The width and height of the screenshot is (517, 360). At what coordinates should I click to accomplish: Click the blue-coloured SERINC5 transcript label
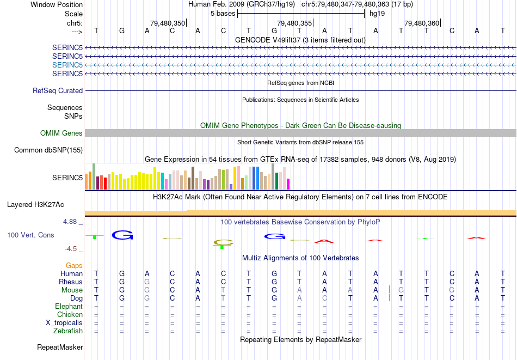[x=67, y=65]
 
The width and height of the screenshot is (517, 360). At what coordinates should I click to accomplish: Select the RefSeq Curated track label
[x=58, y=91]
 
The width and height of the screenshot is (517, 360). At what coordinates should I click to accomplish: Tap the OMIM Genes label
[x=61, y=133]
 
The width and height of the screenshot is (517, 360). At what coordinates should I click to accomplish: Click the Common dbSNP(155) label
[x=48, y=150]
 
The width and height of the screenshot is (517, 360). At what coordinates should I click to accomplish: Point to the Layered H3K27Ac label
[x=35, y=205]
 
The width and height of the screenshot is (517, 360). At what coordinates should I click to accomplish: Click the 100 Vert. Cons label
[x=30, y=235]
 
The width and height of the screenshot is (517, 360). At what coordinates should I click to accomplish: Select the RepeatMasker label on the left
[x=60, y=347]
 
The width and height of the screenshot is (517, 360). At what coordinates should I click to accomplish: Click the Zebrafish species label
[x=68, y=331]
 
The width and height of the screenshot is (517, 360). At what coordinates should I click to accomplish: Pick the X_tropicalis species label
[x=64, y=322]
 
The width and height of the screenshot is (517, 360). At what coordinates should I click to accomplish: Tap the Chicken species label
[x=70, y=314]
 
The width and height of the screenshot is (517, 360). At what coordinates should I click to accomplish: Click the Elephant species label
[x=69, y=306]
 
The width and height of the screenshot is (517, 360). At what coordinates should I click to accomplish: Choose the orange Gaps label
[x=74, y=265]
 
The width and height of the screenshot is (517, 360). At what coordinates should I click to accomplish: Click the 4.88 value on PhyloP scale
[x=71, y=222]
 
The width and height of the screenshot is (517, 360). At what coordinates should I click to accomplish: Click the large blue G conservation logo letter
[x=122, y=235]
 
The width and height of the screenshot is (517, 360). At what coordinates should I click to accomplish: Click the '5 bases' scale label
[x=223, y=13]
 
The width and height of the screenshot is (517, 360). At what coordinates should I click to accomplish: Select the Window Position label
[x=57, y=4]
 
